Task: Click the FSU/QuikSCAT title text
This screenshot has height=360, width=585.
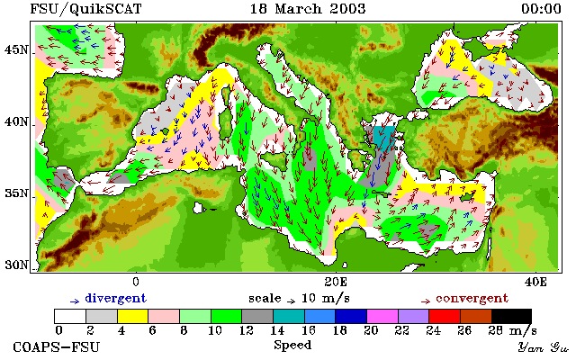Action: [x=85, y=9]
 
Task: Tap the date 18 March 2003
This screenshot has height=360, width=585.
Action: [x=308, y=9]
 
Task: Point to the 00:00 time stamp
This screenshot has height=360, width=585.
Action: [x=541, y=9]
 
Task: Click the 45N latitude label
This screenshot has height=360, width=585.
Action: [x=15, y=49]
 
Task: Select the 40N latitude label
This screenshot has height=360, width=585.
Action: [x=15, y=121]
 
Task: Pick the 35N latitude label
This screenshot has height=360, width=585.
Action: [x=15, y=193]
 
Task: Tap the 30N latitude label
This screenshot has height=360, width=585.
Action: [x=15, y=265]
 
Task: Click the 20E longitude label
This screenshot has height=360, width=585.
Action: [x=336, y=282]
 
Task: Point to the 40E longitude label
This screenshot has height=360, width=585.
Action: [x=535, y=282]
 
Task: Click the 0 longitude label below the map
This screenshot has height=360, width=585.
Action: [x=136, y=282]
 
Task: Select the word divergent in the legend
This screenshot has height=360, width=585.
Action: [x=116, y=299]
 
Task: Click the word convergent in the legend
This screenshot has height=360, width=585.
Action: [x=472, y=299]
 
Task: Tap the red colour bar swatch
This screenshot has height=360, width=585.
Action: [x=445, y=316]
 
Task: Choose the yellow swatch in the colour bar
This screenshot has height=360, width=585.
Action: [x=133, y=316]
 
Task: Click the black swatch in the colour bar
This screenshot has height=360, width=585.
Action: [x=511, y=316]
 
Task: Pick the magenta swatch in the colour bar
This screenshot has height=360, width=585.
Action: [x=382, y=316]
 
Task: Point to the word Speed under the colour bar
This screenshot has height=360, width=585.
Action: [x=292, y=346]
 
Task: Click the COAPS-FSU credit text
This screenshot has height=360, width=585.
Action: [x=57, y=346]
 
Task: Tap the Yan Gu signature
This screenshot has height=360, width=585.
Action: [x=543, y=347]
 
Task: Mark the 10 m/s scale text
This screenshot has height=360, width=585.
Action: [x=325, y=299]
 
